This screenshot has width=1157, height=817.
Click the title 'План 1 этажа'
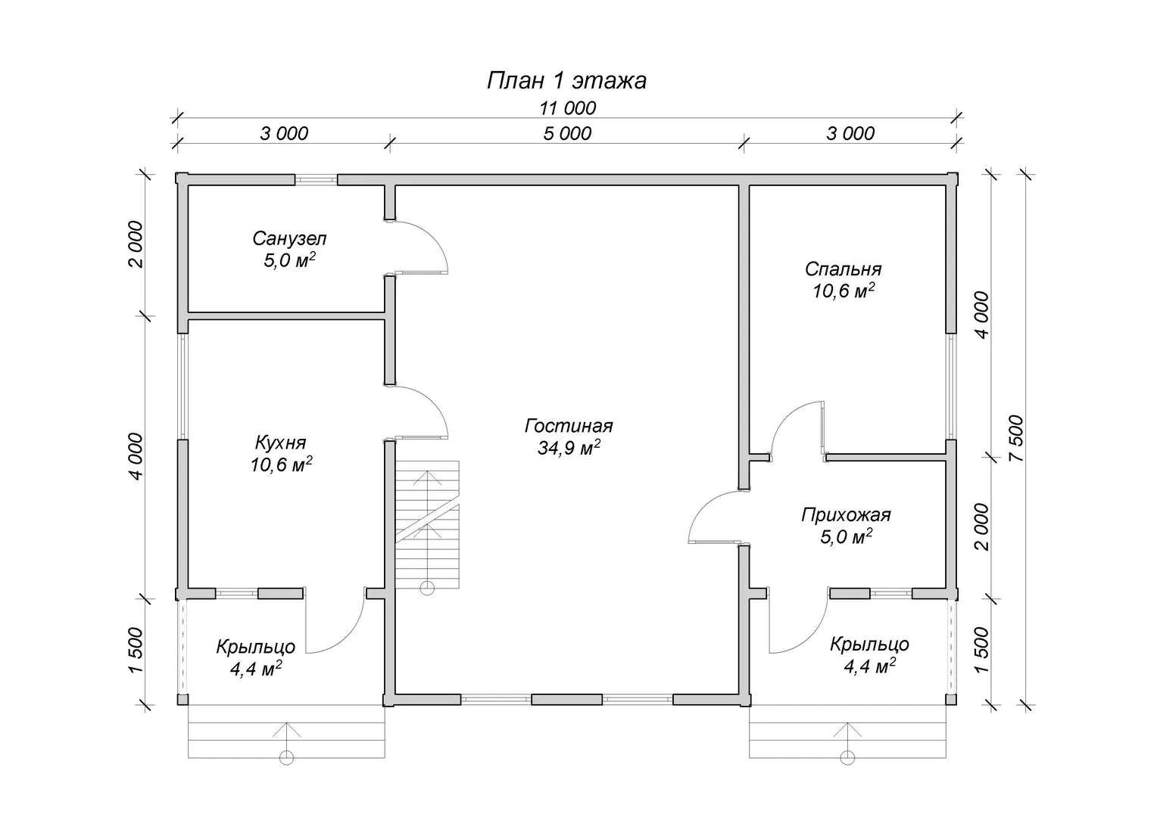pyautogui.click(x=566, y=81)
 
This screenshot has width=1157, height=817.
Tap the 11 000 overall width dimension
pyautogui.click(x=568, y=108)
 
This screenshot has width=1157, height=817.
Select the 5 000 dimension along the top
pyautogui.click(x=567, y=134)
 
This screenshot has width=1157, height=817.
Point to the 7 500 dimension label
pyautogui.click(x=1015, y=439)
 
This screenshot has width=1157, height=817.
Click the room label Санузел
pyautogui.click(x=289, y=238)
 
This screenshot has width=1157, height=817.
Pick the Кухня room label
pyautogui.click(x=280, y=443)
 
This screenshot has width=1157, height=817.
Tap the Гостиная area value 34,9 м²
pyautogui.click(x=569, y=448)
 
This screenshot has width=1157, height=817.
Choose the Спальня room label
pyautogui.click(x=843, y=269)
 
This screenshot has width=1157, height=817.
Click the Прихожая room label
pyautogui.click(x=846, y=514)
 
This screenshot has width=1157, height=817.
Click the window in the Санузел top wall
pyautogui.click(x=316, y=179)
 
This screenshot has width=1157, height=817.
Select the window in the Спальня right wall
pyautogui.click(x=951, y=387)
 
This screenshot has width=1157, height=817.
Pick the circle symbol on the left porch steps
pyautogui.click(x=286, y=758)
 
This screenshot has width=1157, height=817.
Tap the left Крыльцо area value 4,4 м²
pyautogui.click(x=256, y=669)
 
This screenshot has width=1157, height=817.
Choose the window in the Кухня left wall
pyautogui.click(x=182, y=387)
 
